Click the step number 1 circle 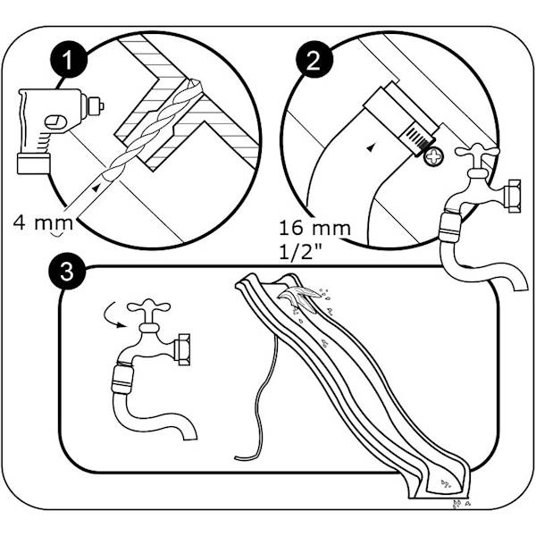point(69,60)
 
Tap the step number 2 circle point(314,61)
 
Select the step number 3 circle point(67,272)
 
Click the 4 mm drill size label point(43,222)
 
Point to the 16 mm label point(314,228)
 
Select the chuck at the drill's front point(92,105)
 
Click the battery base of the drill point(34,163)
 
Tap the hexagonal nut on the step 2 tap point(512,196)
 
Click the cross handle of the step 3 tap point(148,306)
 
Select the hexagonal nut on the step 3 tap point(181,349)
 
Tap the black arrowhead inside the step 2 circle point(370,148)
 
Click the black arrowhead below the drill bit point(96,188)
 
